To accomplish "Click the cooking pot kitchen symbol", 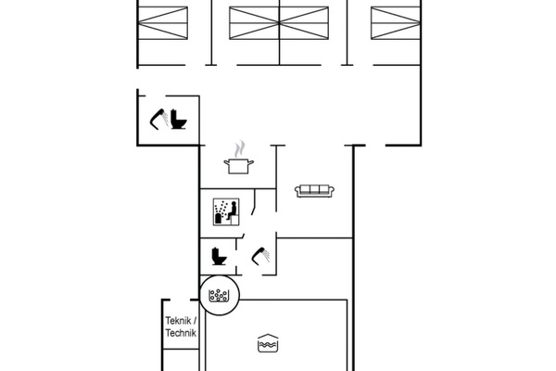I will pos(238,165).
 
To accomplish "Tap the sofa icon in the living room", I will pos(313,190).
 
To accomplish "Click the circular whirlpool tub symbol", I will pos(220,297).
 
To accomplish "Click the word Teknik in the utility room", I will pos(180,322).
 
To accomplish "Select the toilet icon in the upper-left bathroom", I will pos(180,121).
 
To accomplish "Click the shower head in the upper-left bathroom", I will pos(159,118).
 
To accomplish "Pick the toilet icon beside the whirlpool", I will pos(220,254).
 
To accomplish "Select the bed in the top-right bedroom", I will pos(391,20).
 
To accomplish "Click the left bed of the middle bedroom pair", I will pos(254,20).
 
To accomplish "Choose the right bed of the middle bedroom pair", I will pos(305,20).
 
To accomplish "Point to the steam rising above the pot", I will pos(239,148).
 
